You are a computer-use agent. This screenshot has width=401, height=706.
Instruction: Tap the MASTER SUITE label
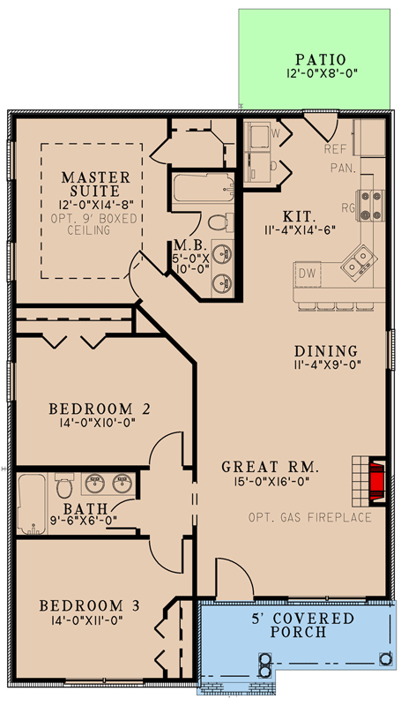point(95,184)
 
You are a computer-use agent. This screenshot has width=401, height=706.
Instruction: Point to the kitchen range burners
point(369,205)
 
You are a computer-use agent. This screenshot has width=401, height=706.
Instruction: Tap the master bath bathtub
point(204,190)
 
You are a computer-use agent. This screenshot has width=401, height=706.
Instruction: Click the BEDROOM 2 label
point(100,409)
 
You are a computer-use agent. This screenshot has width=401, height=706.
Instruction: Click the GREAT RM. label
point(271,466)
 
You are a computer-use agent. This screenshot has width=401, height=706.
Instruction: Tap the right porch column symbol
point(384,658)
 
